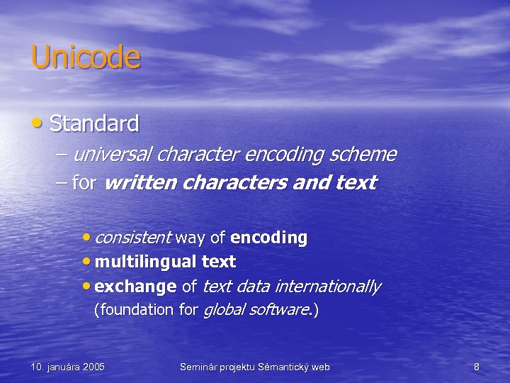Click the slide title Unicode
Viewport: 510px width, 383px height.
coord(86,57)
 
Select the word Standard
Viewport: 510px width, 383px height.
coord(94,124)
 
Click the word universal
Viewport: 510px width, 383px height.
coord(113,154)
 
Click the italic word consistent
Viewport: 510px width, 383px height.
coord(132,238)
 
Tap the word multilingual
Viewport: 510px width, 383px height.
coord(145,262)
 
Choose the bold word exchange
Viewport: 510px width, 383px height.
coord(135,287)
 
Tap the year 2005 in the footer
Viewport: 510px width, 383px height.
coord(93,367)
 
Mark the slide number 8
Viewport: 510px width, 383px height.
coord(477,367)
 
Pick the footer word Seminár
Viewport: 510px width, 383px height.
coord(198,367)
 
